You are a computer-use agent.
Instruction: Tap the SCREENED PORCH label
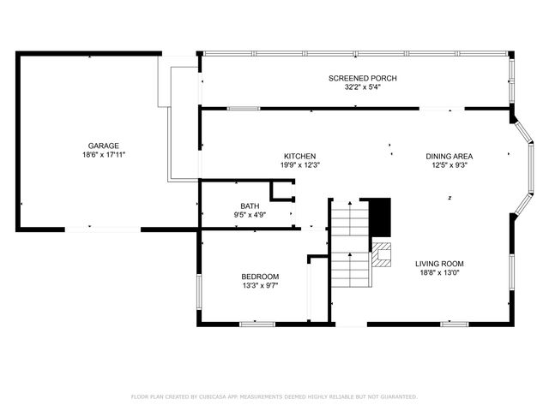pos(362,78)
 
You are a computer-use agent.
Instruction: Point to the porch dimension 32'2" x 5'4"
pos(362,86)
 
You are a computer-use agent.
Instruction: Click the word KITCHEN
pos(300,156)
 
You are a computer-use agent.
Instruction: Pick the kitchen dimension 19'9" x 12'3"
pos(300,164)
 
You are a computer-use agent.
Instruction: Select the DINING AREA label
pos(449,156)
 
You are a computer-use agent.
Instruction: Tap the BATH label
pos(250,205)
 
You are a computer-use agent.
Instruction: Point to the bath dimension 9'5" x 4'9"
pos(250,215)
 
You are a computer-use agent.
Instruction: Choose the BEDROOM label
pos(260,276)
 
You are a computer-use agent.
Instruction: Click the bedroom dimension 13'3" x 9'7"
pos(260,285)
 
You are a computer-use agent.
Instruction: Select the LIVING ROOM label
pos(440,264)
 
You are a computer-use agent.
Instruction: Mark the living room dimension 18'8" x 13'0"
pos(440,272)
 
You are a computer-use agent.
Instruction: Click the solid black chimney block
pos(379,217)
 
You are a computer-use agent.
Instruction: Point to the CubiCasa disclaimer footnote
pos(274,396)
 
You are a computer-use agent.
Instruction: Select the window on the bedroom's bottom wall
pos(257,324)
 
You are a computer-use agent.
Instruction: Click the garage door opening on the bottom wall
pos(103,229)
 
